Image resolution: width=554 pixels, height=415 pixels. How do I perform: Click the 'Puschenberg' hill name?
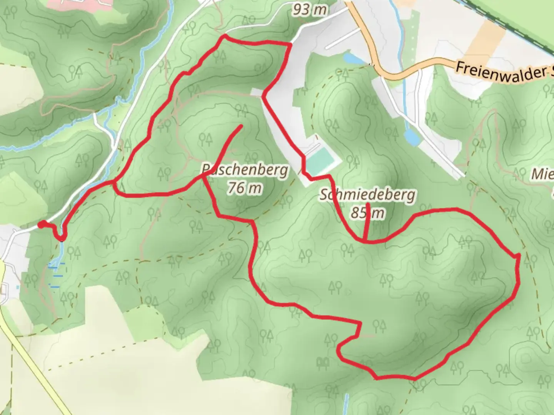[x=245, y=169]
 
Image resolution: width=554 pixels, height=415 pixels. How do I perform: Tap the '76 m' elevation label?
[x=245, y=188]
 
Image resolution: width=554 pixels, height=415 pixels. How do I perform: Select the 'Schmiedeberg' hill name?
[x=368, y=195]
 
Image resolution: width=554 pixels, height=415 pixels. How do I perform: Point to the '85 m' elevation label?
[x=367, y=212]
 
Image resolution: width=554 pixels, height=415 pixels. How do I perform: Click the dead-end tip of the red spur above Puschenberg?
[x=241, y=126]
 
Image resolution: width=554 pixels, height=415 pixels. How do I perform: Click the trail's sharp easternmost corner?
[x=518, y=255]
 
